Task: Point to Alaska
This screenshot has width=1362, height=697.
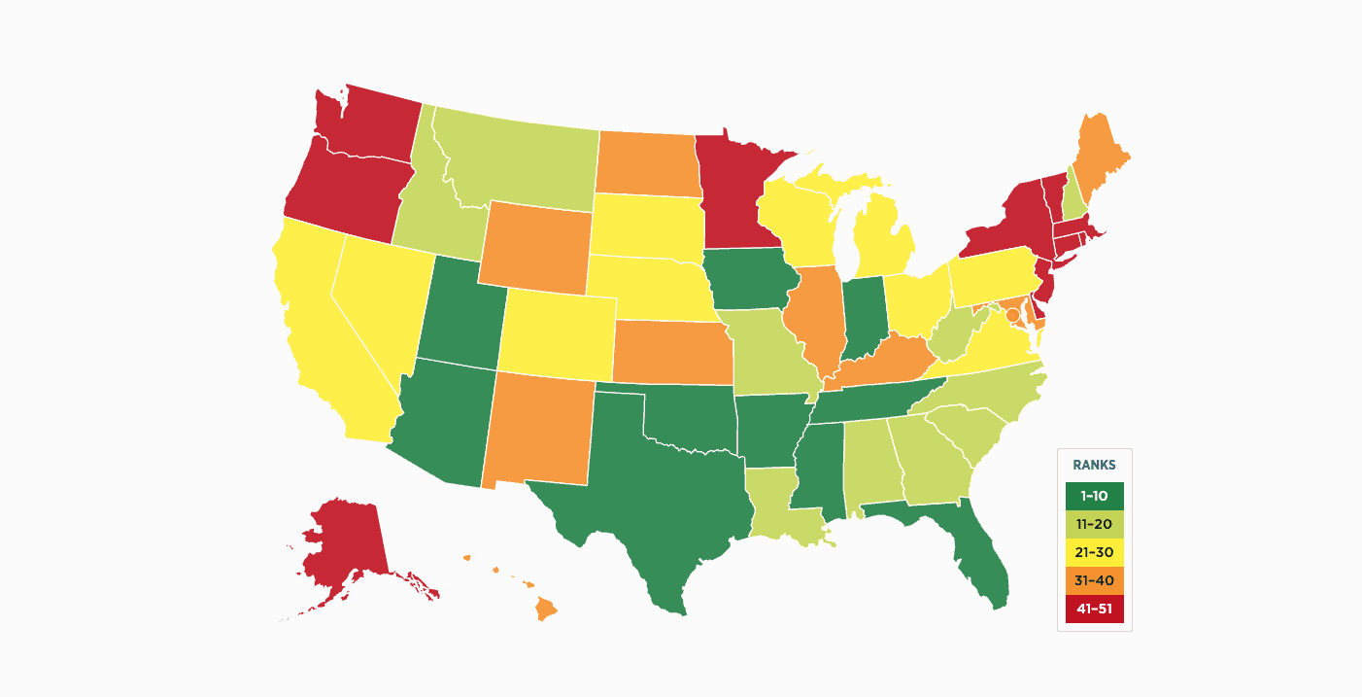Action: click(340, 544)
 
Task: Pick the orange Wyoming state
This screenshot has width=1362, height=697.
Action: click(534, 248)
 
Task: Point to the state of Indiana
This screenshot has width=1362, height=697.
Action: click(863, 316)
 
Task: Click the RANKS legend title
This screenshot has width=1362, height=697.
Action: click(1094, 465)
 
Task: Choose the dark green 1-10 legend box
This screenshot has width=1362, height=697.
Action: click(1094, 496)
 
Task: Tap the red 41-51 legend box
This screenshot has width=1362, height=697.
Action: click(1094, 609)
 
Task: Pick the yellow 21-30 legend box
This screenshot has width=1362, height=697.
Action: click(1094, 552)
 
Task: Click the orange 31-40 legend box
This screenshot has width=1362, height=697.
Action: click(1094, 580)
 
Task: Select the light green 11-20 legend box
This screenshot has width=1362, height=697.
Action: click(1094, 524)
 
